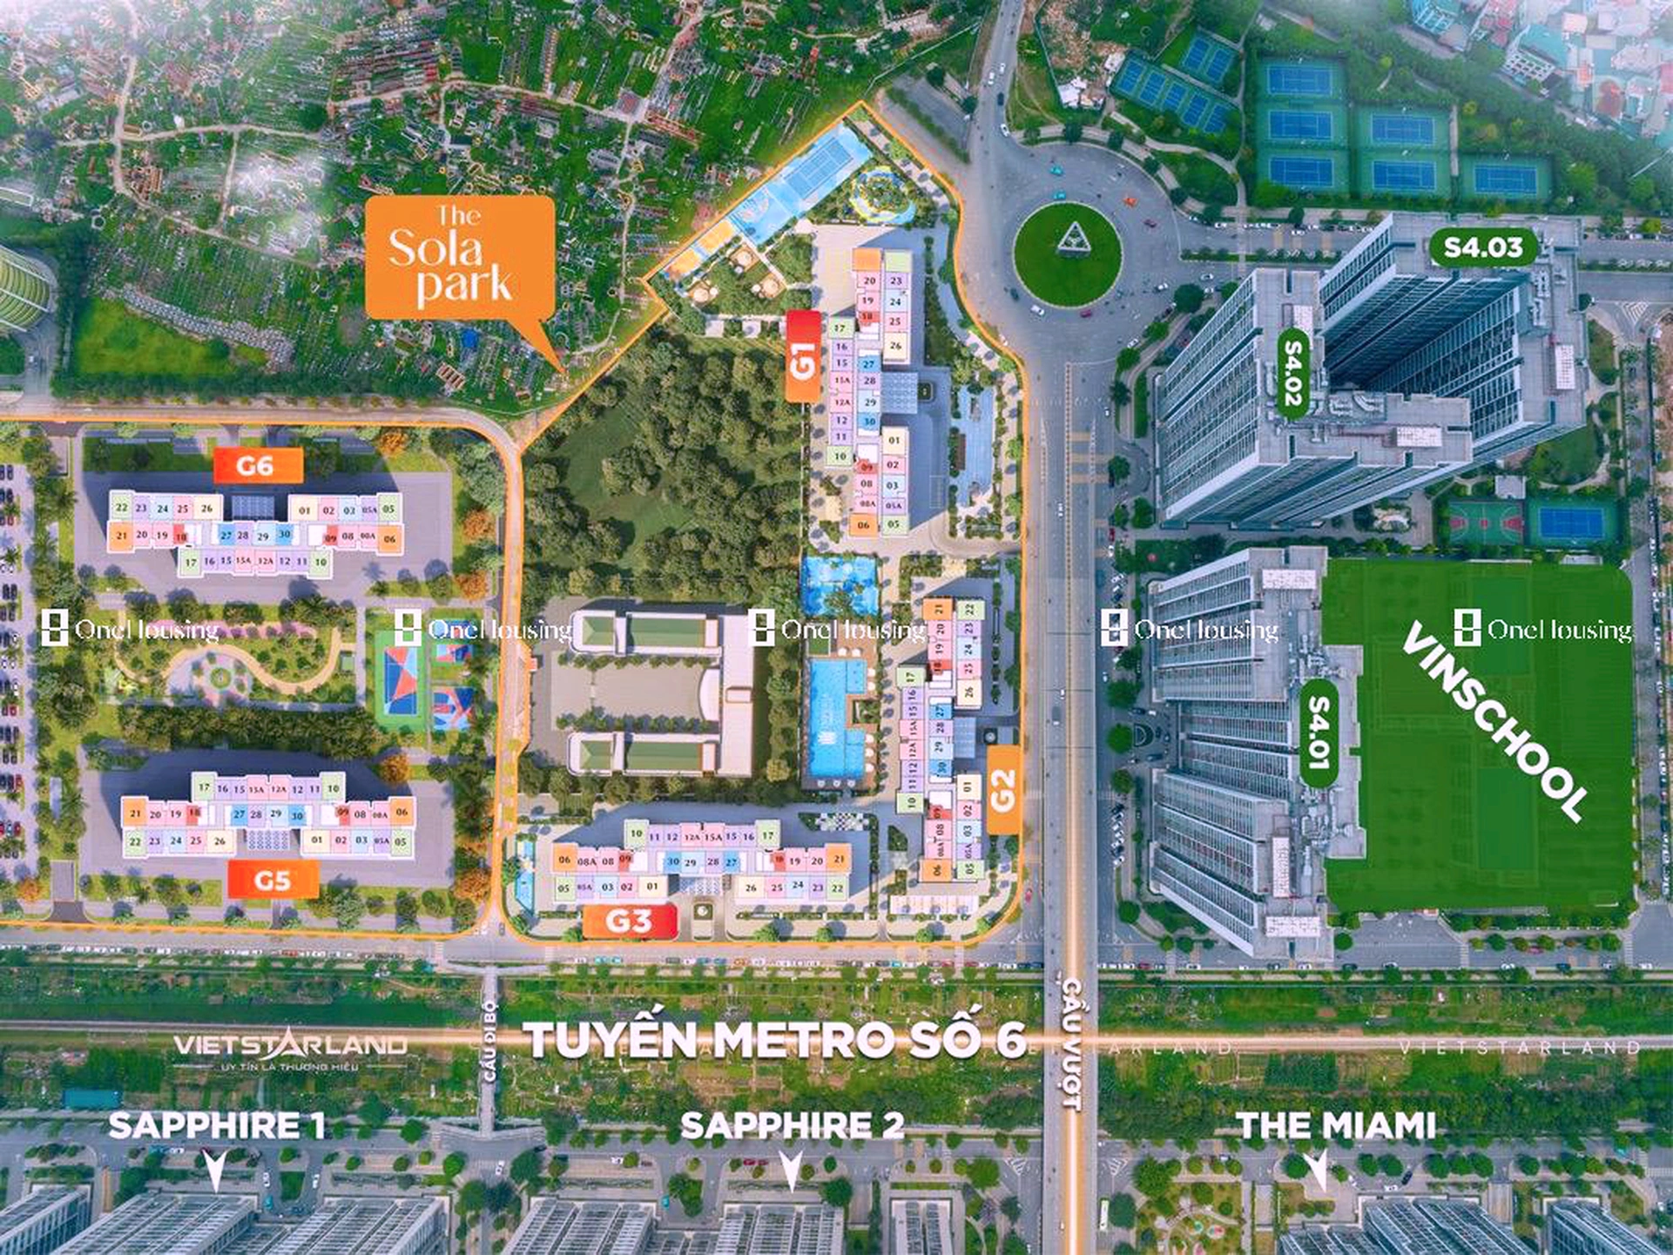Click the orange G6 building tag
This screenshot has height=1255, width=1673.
click(x=258, y=466)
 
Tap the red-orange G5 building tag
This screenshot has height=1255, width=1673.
click(x=273, y=880)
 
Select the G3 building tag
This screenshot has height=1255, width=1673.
click(x=630, y=921)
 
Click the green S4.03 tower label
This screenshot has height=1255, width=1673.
click(x=1483, y=247)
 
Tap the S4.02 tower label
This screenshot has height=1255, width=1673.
click(x=1293, y=373)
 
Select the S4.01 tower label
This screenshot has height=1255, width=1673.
click(x=1319, y=733)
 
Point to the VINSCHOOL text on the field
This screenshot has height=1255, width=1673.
click(x=1494, y=720)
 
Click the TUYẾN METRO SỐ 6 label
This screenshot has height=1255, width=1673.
click(x=774, y=1040)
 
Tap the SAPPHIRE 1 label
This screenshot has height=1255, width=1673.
click(x=217, y=1125)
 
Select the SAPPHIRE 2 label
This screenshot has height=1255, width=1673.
click(x=792, y=1125)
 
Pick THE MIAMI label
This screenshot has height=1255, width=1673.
click(x=1336, y=1125)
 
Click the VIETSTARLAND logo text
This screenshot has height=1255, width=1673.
click(x=290, y=1045)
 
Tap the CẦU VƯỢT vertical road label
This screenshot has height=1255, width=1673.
click(x=1071, y=1045)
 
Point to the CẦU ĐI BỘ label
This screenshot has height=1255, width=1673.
click(x=489, y=1041)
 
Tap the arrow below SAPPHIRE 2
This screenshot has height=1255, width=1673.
click(x=791, y=1169)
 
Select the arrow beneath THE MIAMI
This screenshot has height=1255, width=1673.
click(x=1317, y=1169)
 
